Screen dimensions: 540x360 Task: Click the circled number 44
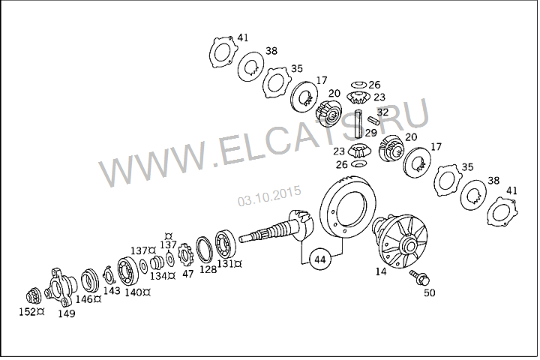[320, 259]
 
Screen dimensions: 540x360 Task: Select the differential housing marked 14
[401, 242]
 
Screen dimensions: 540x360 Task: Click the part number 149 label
[67, 313]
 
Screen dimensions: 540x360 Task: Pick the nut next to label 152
[33, 296]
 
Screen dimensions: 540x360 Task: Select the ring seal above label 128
[205, 249]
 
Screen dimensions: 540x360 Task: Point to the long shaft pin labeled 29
[359, 123]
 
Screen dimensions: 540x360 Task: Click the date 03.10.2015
[269, 196]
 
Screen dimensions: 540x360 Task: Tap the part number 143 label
[112, 290]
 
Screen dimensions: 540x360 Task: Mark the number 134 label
[159, 276]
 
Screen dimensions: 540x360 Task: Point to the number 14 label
[380, 271]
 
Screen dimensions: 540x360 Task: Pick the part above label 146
[90, 280]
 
